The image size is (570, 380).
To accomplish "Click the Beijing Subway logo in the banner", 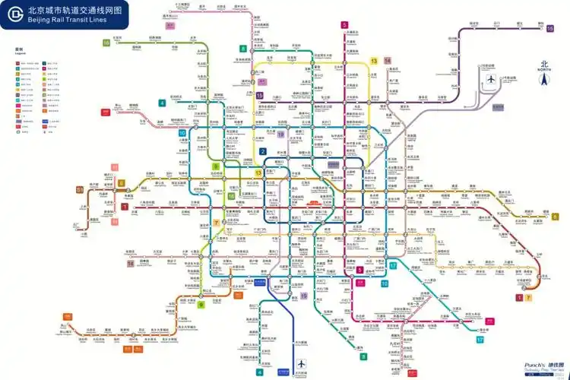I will click(x=14, y=14).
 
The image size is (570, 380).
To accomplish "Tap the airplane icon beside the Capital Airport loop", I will click(x=491, y=79).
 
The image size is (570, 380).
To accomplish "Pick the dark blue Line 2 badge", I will click(x=264, y=151).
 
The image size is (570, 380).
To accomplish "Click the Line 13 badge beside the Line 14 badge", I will click(x=374, y=60).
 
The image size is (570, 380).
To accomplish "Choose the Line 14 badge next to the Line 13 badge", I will click(x=387, y=60).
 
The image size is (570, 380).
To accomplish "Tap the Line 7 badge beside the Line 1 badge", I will click(x=528, y=297).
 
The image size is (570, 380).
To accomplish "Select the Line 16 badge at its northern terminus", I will click(x=106, y=43).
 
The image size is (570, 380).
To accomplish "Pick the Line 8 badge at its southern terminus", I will click(x=363, y=356).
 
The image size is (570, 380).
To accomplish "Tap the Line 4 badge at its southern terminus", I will click(x=259, y=372).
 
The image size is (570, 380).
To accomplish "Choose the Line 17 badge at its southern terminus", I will click(x=480, y=339).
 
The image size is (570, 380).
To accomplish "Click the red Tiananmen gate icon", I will click(x=314, y=203).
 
